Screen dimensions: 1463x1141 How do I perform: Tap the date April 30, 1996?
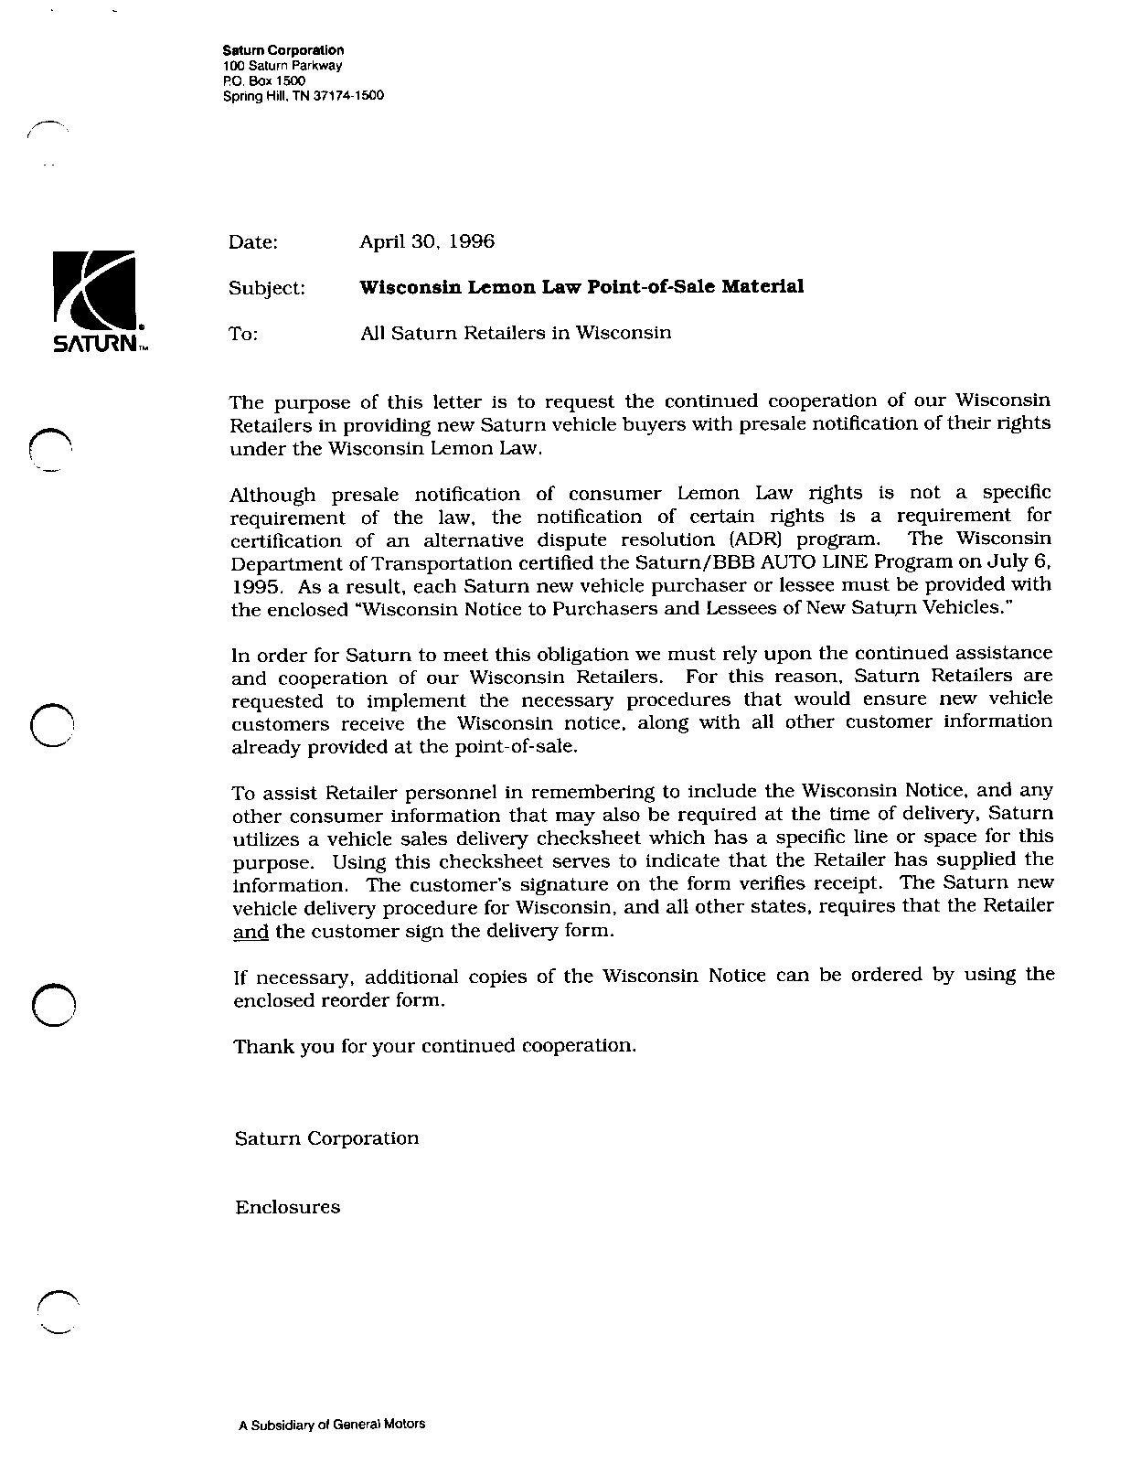tap(426, 241)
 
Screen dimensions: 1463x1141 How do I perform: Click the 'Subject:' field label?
tap(266, 288)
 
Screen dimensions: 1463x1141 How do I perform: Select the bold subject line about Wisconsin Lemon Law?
tap(581, 287)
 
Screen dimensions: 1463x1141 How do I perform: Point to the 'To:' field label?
tap(243, 335)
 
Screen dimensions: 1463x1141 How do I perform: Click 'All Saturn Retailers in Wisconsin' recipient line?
tap(516, 333)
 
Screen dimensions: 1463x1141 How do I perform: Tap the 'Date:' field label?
tap(252, 242)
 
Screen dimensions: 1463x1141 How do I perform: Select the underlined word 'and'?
tap(251, 933)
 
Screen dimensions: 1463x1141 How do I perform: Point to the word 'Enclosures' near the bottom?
tap(287, 1207)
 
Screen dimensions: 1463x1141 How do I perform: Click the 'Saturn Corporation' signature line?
tap(326, 1138)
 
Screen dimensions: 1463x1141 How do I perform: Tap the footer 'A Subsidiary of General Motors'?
tap(331, 1424)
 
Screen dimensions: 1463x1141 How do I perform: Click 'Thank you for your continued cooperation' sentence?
tap(434, 1046)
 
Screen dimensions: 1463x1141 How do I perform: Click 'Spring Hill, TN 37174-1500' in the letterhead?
tap(303, 95)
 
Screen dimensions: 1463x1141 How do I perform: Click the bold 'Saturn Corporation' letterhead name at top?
tap(283, 50)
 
